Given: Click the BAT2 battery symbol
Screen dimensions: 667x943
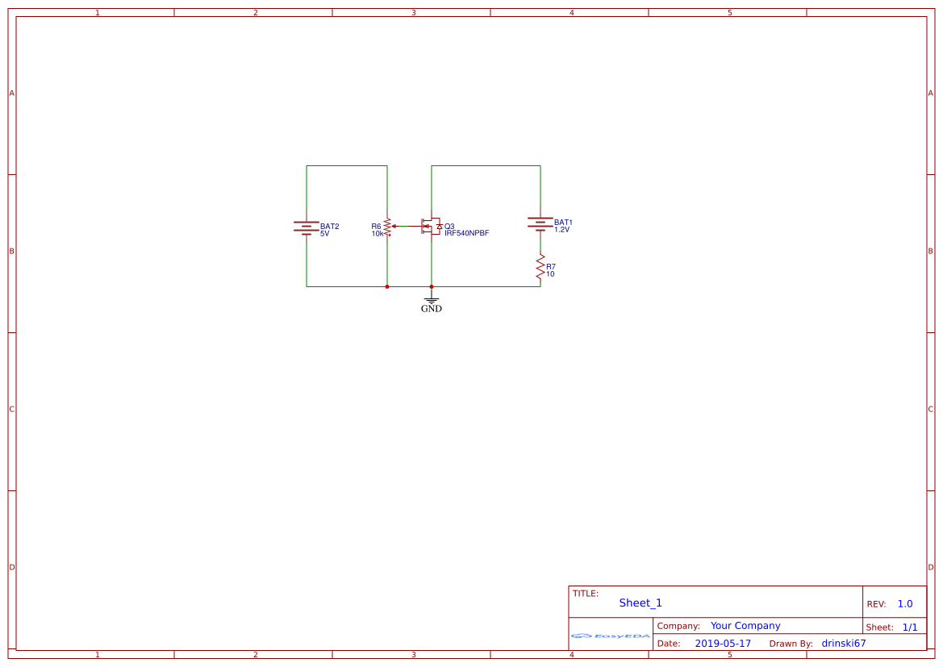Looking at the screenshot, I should click(307, 227).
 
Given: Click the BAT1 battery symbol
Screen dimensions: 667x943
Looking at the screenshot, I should click(540, 223).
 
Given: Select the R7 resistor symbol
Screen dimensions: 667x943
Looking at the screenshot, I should click(540, 268).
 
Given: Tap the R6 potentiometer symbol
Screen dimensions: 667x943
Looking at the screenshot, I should click(387, 227).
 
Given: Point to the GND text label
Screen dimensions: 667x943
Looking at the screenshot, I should click(432, 309).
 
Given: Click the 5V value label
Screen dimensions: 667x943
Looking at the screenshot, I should click(325, 234).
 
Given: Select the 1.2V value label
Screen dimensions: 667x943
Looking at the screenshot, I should click(562, 230).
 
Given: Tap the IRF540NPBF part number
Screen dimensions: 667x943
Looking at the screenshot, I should click(467, 233).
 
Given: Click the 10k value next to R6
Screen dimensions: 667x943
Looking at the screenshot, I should click(378, 234).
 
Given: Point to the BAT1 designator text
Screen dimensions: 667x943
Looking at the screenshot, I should click(563, 222).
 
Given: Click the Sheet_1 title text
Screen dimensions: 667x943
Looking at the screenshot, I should click(640, 603).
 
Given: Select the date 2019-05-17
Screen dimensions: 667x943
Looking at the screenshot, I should click(723, 644).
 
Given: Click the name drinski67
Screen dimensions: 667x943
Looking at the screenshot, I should click(844, 644).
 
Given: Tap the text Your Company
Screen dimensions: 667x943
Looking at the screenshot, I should click(745, 626).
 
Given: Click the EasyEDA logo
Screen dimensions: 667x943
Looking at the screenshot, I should click(611, 636).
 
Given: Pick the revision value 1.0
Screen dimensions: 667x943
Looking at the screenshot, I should click(905, 604).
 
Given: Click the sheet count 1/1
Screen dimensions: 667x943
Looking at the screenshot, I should click(910, 627).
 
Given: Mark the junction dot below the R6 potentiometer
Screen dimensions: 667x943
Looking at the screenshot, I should click(387, 286).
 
